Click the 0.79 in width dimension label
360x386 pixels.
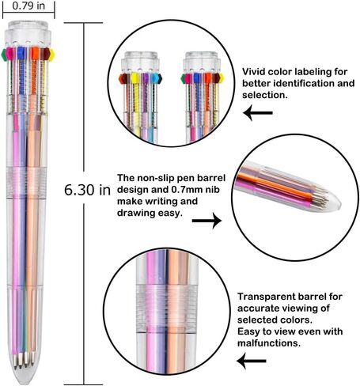(28, 6)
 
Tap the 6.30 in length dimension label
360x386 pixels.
(87, 190)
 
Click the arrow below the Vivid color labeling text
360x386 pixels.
(258, 113)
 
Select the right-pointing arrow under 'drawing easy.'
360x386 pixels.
(207, 221)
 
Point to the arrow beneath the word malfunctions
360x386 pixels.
(252, 361)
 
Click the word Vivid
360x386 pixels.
(254, 72)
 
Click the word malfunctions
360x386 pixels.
(269, 343)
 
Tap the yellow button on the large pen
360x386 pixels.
(51, 55)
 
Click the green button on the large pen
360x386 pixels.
(4, 55)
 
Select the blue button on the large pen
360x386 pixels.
(21, 53)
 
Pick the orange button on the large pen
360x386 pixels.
(35, 53)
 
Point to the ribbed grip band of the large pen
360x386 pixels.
(26, 183)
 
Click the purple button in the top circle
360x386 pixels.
(144, 78)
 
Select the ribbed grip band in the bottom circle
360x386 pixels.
(167, 308)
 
